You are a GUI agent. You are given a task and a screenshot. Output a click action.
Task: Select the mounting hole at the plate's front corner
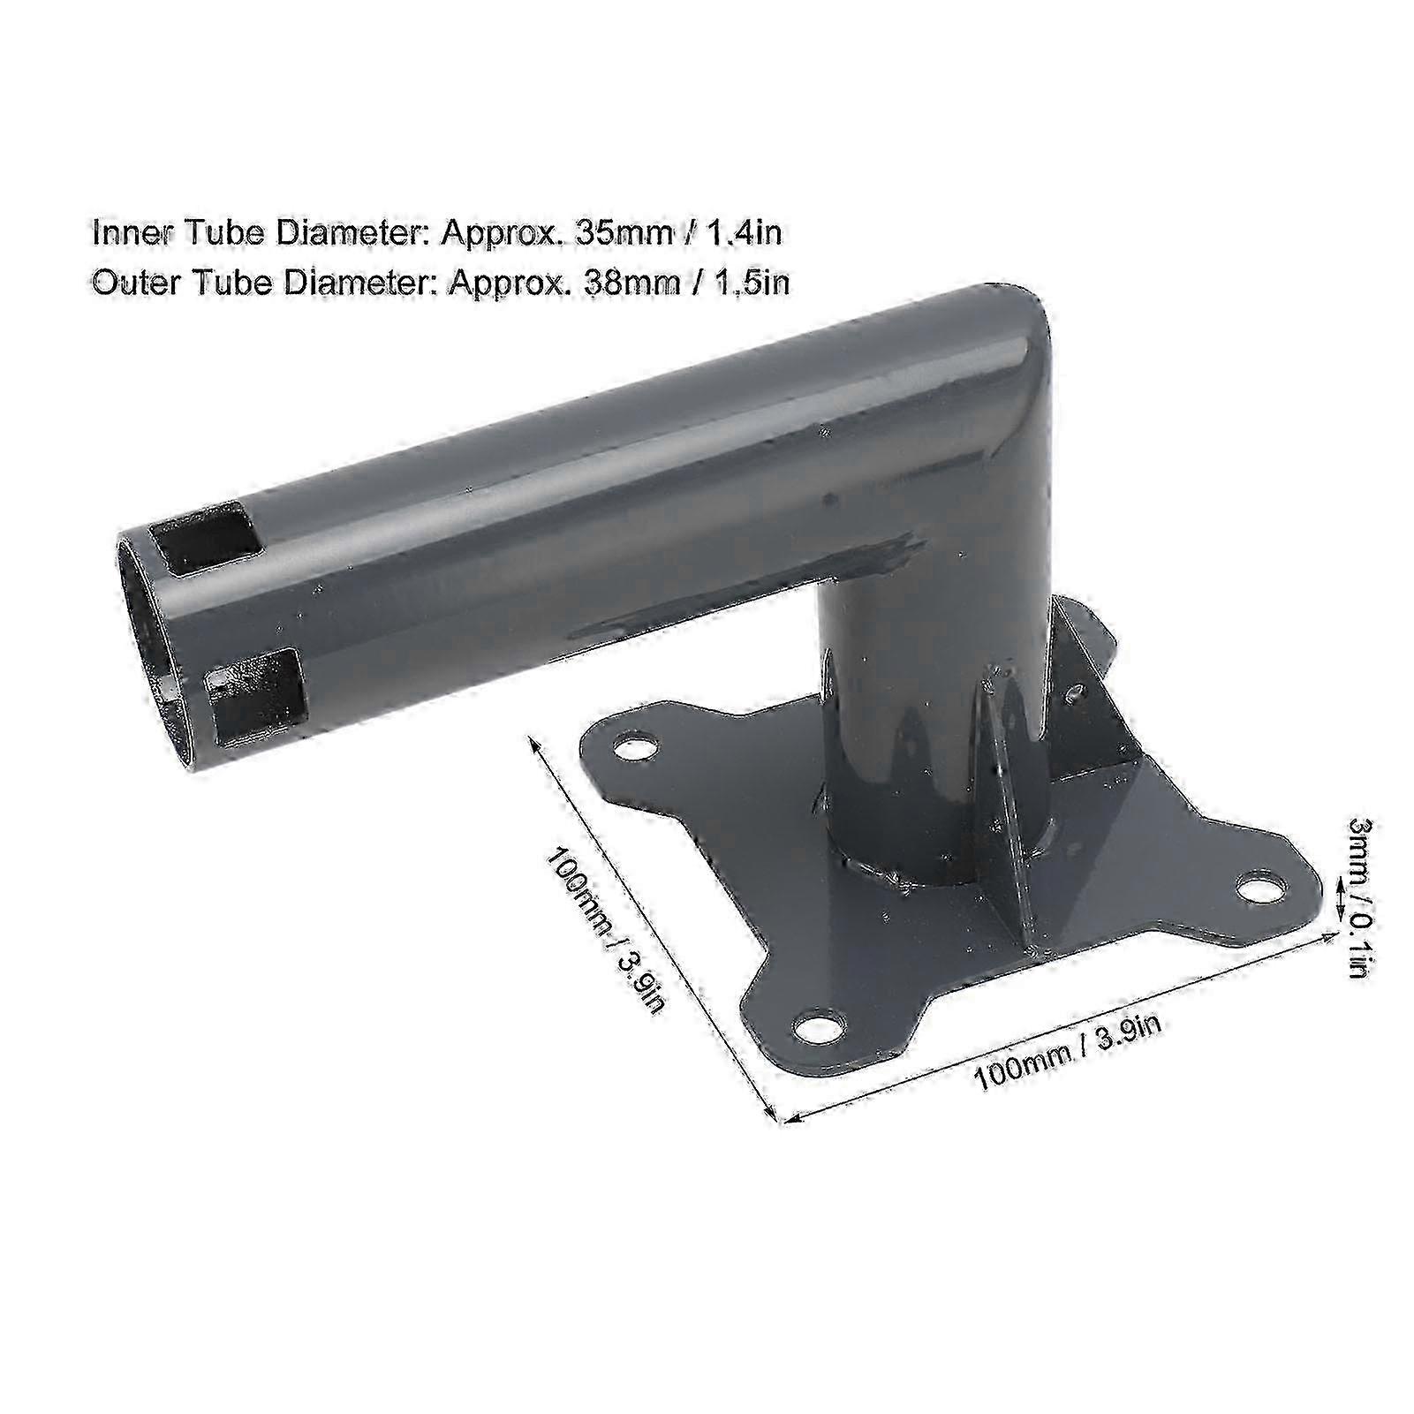[819, 1028]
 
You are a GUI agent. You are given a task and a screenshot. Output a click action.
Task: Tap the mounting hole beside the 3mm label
[1264, 886]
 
